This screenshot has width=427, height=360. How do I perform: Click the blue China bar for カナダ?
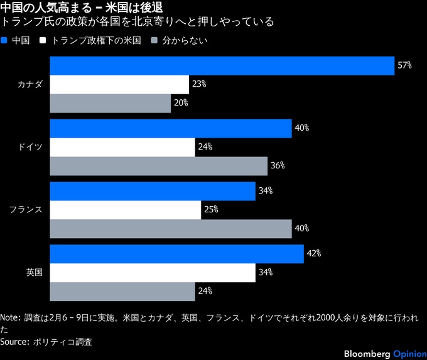coord(222,66)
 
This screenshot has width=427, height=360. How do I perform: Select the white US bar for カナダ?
coord(119,84)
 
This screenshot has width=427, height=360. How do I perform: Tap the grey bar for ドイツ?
coord(158,166)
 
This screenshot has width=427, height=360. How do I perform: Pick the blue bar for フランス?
coord(153,191)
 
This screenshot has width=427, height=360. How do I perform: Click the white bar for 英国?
coord(153,273)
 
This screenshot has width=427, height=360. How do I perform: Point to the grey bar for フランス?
coord(171,229)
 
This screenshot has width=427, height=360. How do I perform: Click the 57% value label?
coord(404,65)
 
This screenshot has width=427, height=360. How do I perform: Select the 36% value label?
coord(278,166)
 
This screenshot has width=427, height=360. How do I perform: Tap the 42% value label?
coord(314,254)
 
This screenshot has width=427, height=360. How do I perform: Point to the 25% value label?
coord(211,210)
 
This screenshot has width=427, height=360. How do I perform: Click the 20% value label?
coord(181,103)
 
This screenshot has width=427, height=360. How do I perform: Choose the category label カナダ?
coord(30,84)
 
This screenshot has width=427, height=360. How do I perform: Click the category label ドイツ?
coord(30,147)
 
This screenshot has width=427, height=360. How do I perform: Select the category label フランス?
coord(26,210)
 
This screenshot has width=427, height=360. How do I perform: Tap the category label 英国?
coord(34,273)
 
